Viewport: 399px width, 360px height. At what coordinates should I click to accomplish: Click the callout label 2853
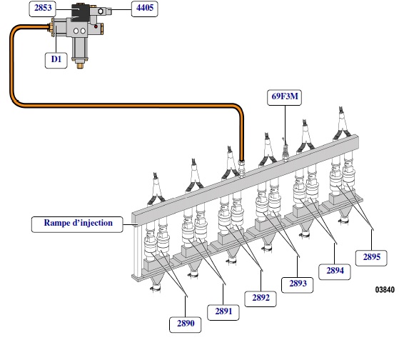43,9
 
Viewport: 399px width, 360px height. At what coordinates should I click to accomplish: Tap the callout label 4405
144,9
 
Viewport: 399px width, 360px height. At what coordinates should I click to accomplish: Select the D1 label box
56,60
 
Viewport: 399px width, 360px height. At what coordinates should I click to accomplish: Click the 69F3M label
285,97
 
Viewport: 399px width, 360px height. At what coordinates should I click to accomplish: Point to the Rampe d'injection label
77,224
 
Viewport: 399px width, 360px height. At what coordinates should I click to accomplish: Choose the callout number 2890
186,324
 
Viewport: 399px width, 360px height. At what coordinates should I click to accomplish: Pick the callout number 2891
223,312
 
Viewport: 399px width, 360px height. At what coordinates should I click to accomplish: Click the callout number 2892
261,299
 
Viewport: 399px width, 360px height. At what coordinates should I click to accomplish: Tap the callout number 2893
297,285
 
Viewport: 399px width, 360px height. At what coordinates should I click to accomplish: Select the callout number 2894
335,271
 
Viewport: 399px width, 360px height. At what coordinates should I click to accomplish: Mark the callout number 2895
371,258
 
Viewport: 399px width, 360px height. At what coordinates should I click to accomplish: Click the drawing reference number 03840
385,289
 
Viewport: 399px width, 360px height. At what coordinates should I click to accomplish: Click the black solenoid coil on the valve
80,12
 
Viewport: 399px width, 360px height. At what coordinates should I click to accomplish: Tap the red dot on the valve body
96,26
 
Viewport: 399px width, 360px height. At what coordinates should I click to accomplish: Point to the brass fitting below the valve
81,66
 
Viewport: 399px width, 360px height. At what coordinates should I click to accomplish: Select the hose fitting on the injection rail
241,167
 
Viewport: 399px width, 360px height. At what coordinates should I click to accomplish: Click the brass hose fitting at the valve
51,27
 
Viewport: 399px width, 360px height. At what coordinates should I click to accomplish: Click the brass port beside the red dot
101,29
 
